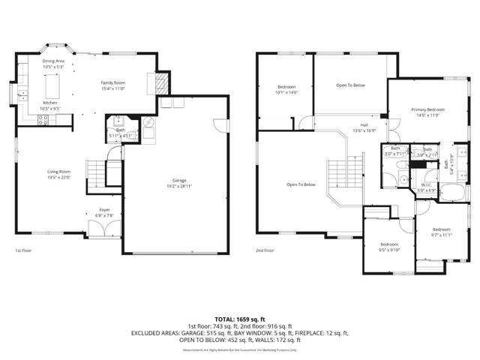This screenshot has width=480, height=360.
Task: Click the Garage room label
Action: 178,183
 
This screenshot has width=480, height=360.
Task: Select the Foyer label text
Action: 104,211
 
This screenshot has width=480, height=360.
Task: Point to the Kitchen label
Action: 49,105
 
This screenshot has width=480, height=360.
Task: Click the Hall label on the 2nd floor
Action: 363,127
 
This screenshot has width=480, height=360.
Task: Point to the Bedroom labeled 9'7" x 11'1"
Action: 440,232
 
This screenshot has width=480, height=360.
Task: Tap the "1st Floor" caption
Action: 23,250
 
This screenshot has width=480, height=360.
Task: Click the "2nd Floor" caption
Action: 264,250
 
